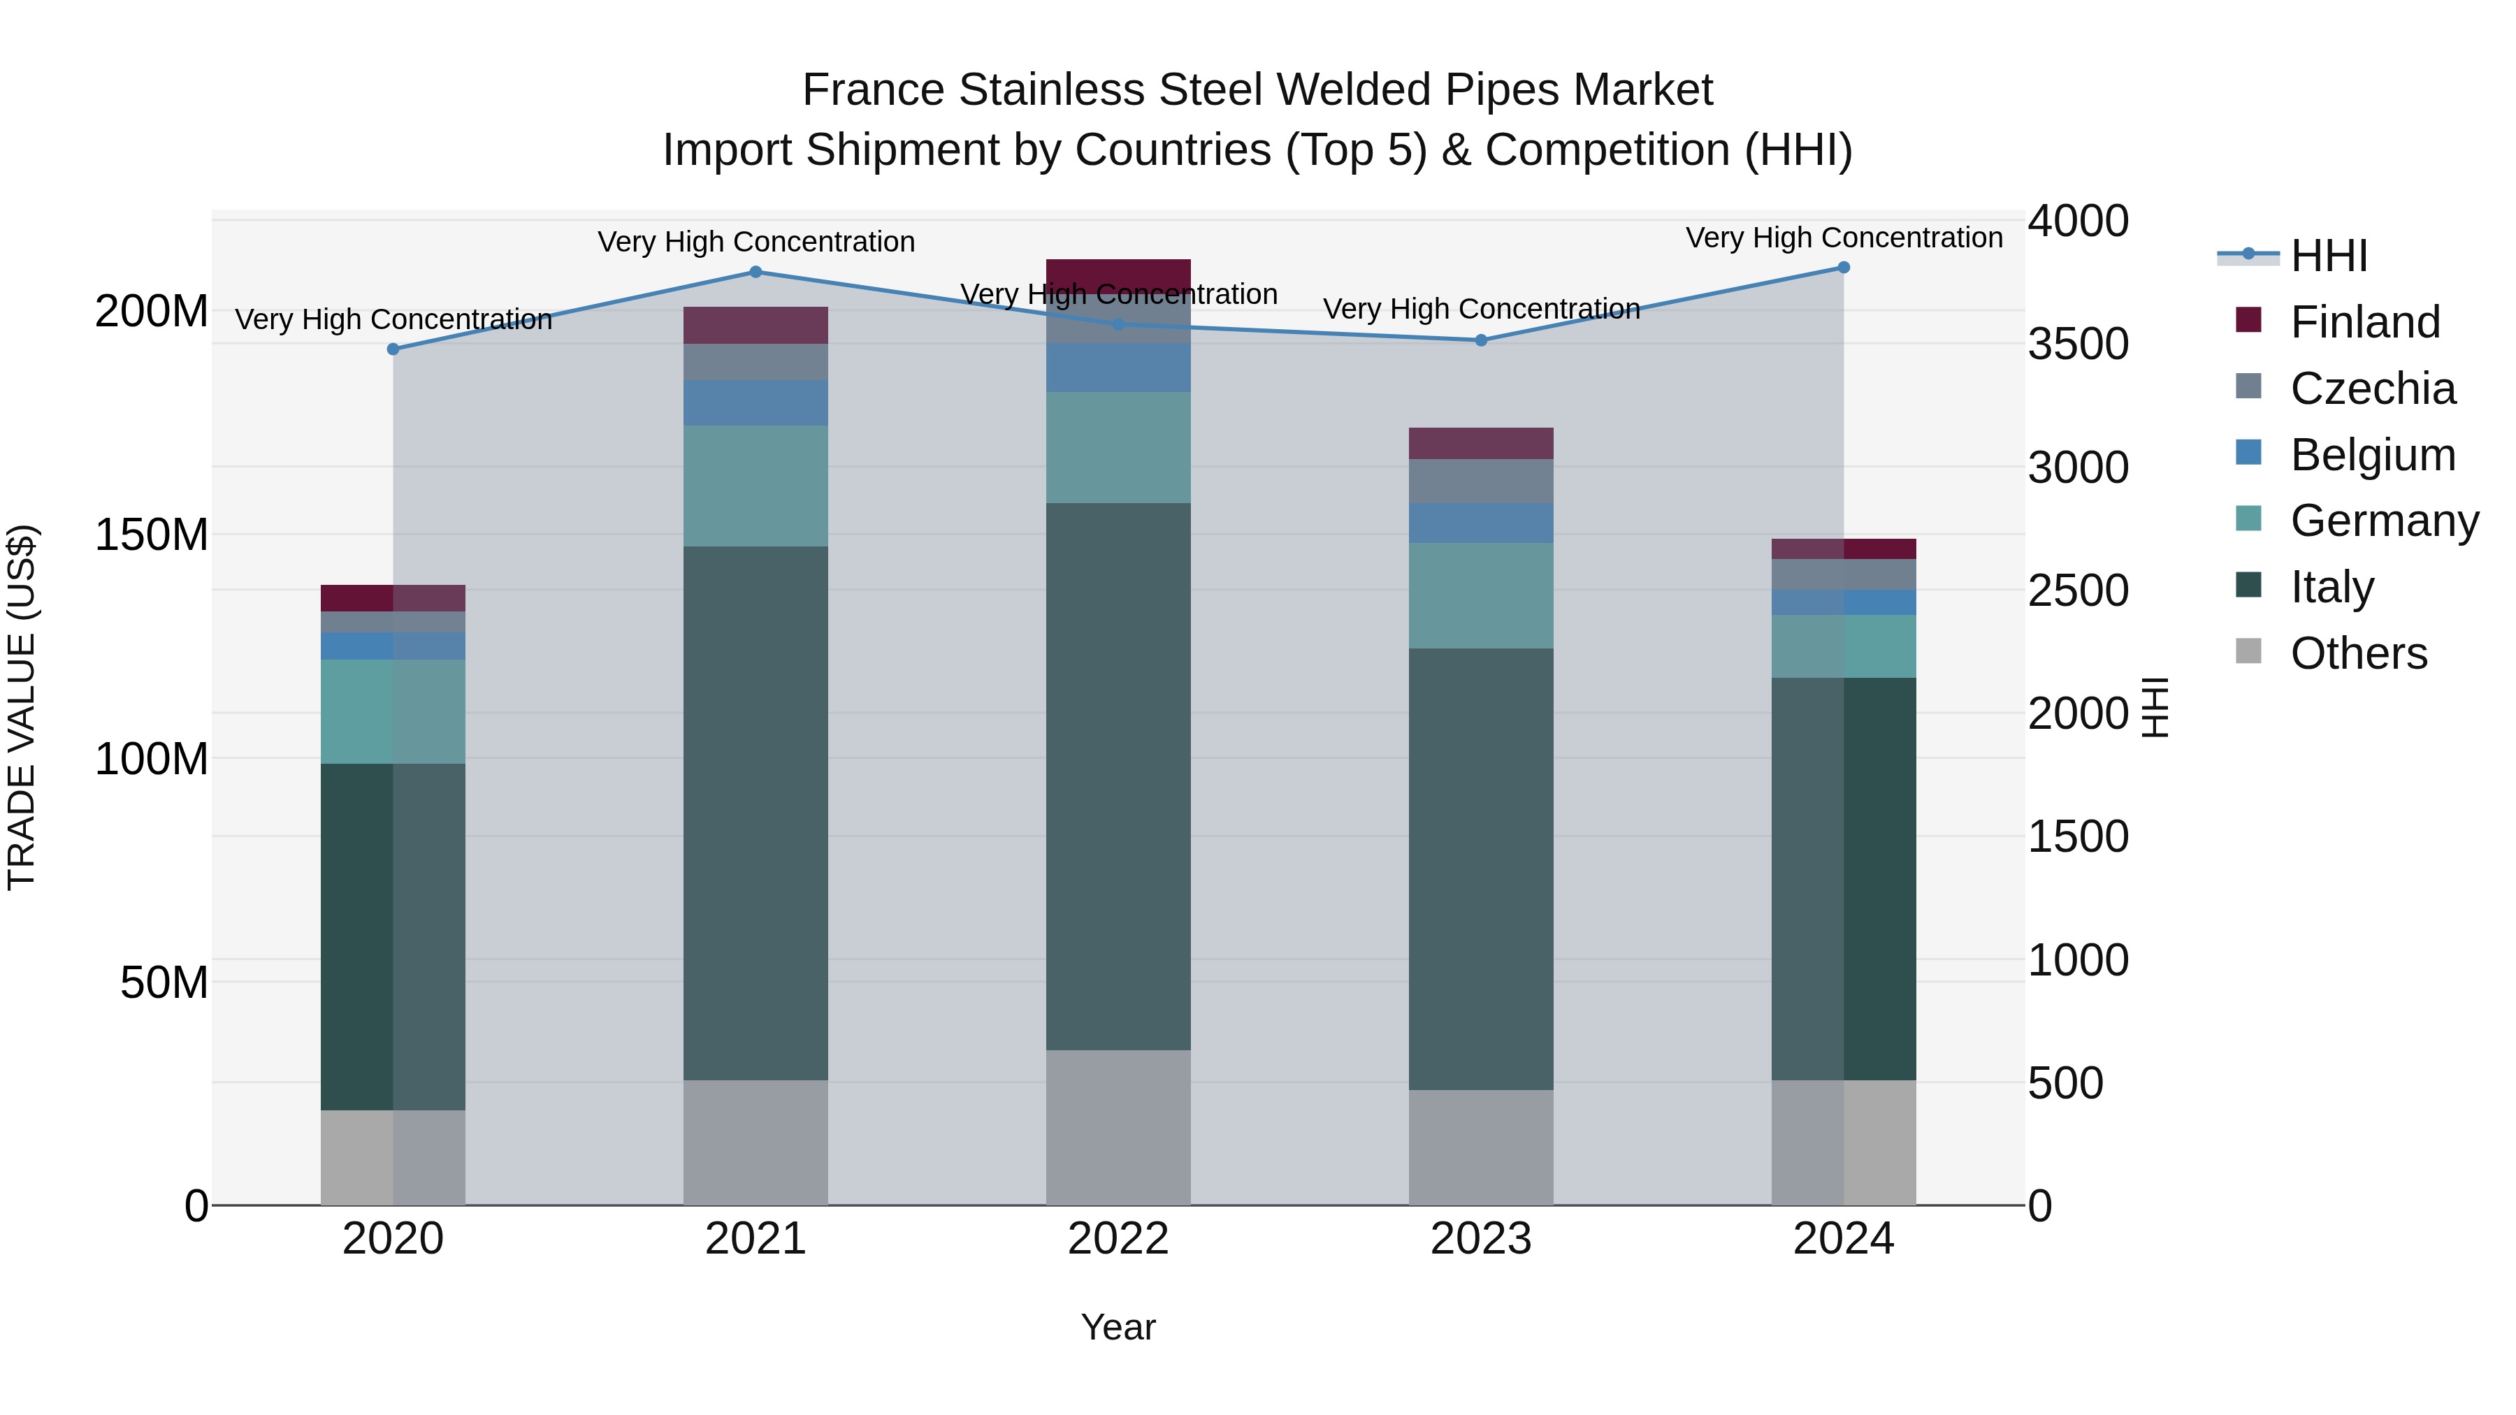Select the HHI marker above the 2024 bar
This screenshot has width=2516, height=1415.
point(1843,268)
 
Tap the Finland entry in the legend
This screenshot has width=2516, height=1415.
point(2364,322)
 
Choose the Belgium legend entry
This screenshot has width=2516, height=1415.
point(2371,455)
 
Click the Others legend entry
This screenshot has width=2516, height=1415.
point(2358,653)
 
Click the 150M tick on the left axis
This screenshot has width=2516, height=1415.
point(152,535)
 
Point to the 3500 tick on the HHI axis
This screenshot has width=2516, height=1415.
point(2078,344)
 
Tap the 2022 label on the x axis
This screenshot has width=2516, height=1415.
point(1118,1239)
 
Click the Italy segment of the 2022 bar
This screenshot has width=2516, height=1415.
point(1118,776)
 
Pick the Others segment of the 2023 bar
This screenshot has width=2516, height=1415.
point(1481,1147)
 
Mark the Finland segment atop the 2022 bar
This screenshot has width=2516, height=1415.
point(1118,273)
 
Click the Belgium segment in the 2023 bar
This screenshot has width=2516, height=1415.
point(1481,523)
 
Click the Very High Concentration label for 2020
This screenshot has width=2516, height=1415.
point(393,319)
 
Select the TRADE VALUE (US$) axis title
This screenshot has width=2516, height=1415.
point(22,707)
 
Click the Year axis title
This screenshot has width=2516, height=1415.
point(1118,1327)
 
